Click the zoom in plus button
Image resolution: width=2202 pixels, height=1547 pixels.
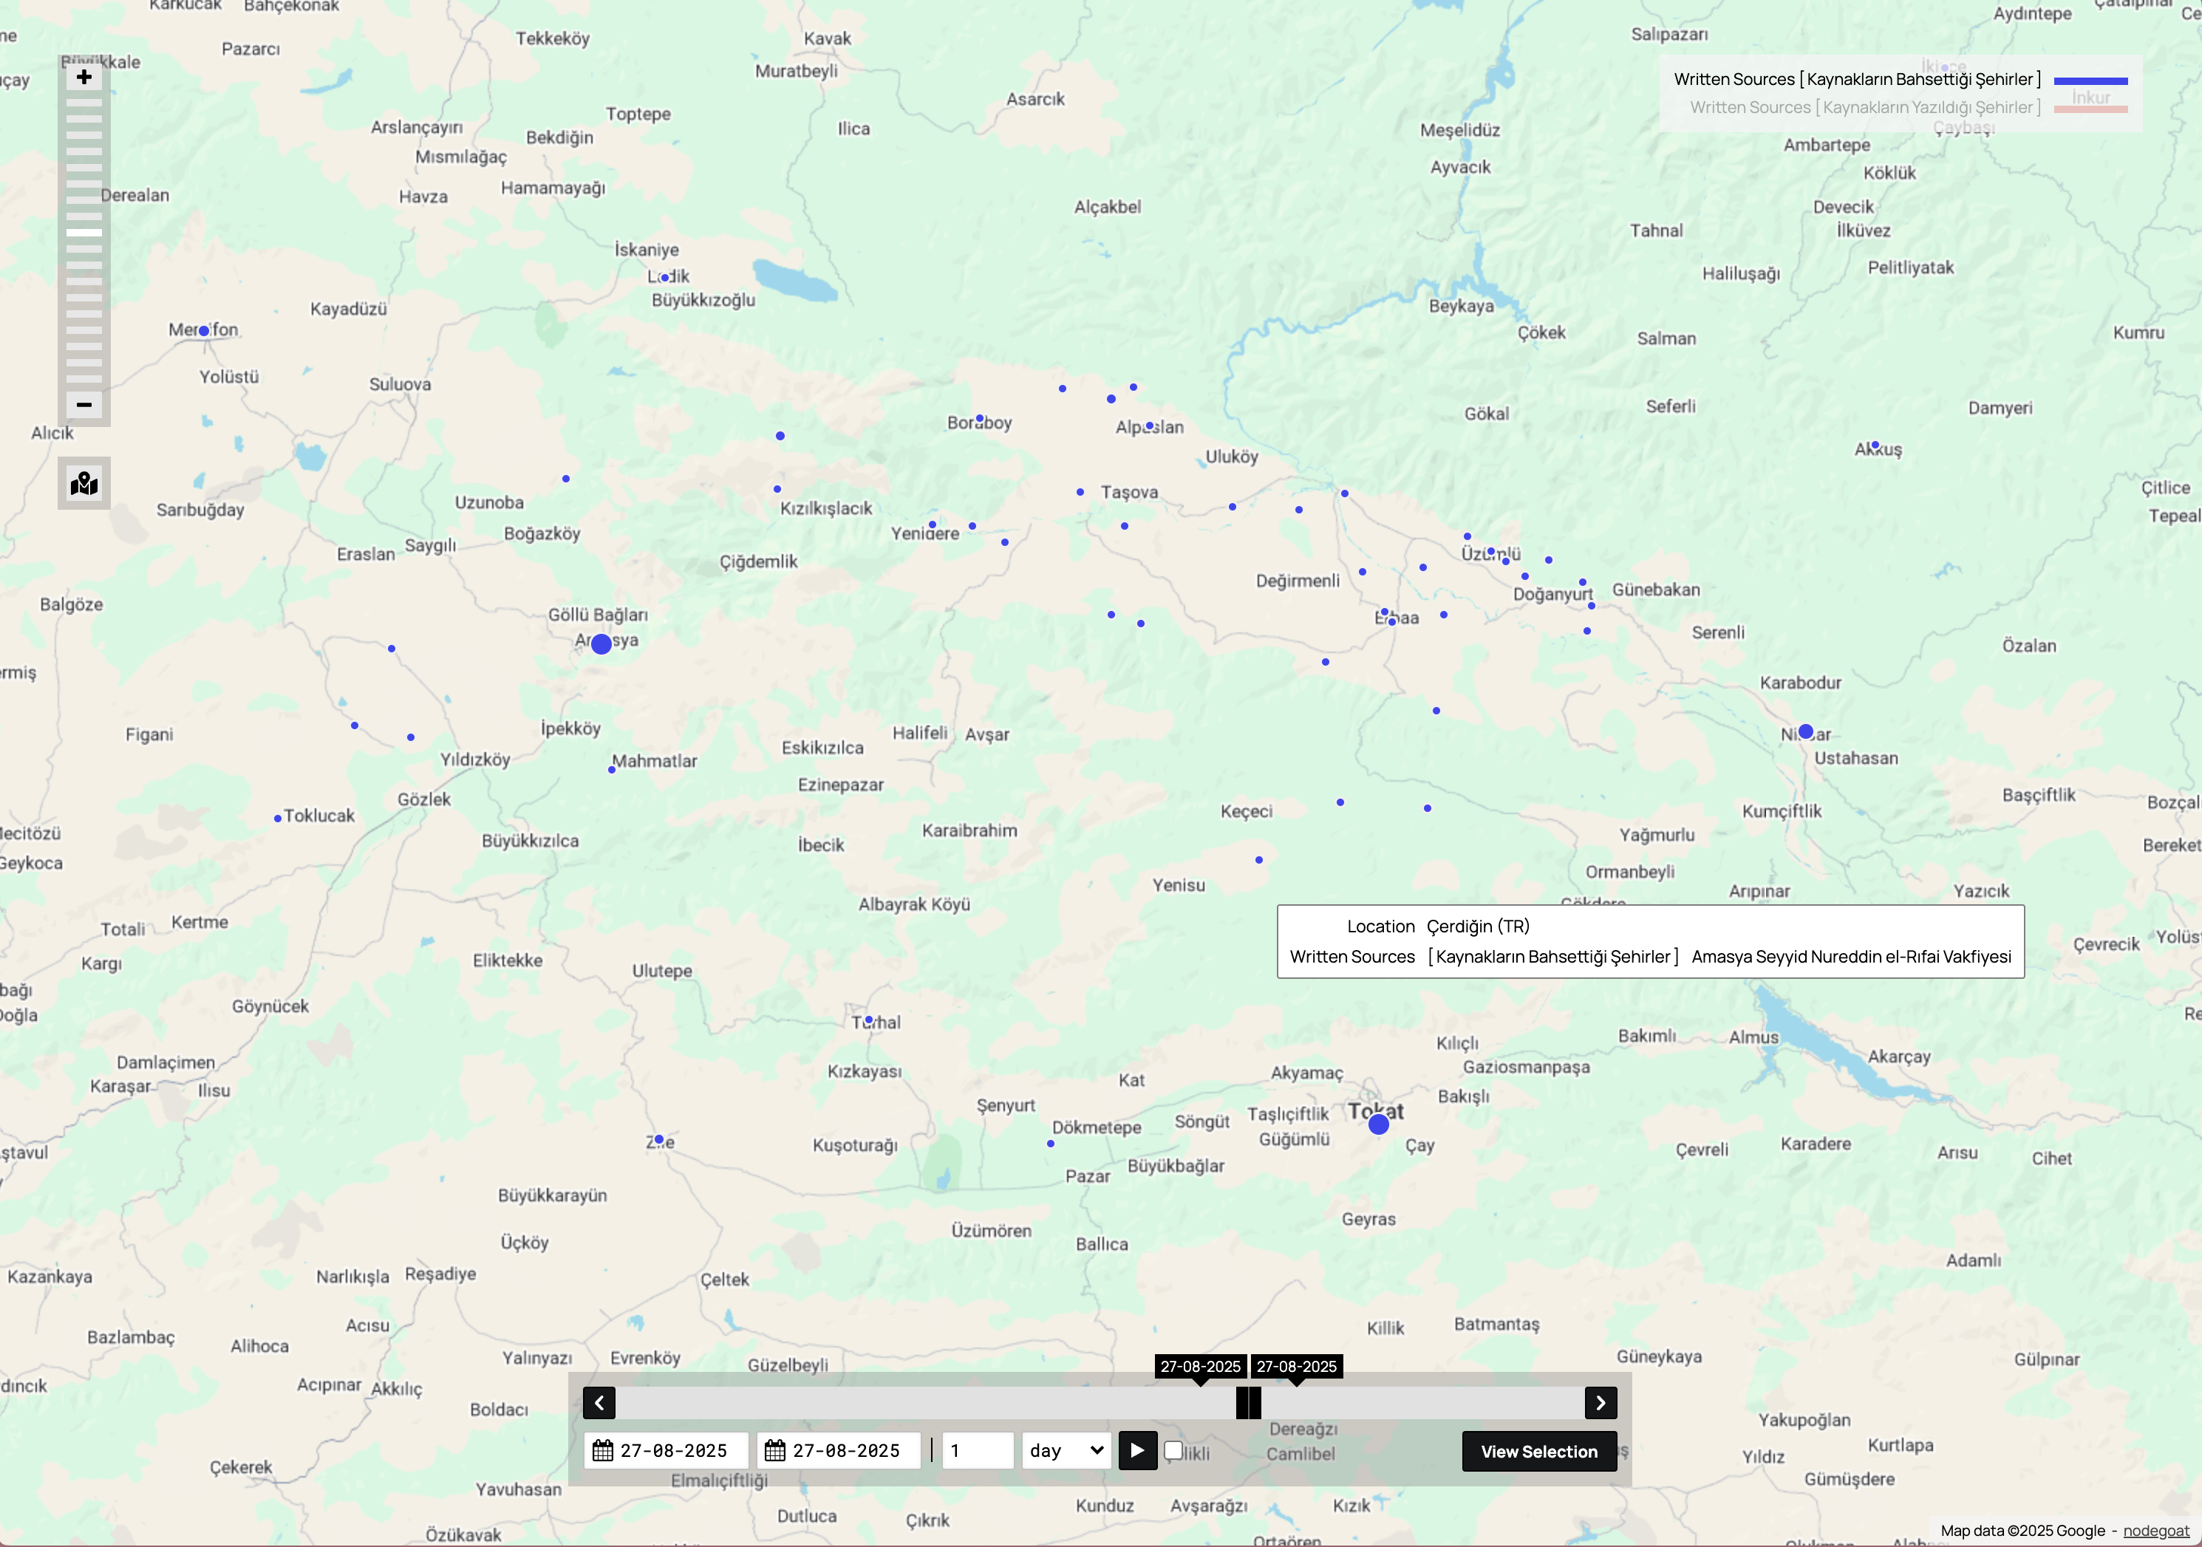[84, 78]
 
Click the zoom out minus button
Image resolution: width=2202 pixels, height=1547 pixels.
[84, 405]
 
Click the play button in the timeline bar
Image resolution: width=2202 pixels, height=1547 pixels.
[1136, 1450]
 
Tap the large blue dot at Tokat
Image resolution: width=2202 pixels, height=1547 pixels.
[1378, 1124]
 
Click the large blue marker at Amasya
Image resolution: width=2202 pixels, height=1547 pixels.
[601, 644]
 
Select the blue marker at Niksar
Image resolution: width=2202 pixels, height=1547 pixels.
[1806, 732]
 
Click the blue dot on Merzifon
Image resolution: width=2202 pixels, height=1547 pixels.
[204, 331]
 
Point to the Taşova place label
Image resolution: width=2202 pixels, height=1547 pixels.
[1130, 492]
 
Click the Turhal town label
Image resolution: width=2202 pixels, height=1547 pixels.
[876, 1022]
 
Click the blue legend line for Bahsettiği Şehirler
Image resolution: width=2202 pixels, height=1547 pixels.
[2090, 81]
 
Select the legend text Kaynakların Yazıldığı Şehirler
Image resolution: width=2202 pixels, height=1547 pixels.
[1864, 107]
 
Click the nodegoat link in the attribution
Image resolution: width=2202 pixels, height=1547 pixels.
[2156, 1531]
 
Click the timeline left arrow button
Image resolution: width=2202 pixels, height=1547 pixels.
[599, 1403]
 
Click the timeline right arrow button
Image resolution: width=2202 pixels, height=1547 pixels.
[1601, 1403]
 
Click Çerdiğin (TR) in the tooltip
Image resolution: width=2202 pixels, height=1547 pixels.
[1478, 926]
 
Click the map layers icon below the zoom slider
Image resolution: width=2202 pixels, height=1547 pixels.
[84, 483]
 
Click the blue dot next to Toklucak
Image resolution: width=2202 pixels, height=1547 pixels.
[277, 818]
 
